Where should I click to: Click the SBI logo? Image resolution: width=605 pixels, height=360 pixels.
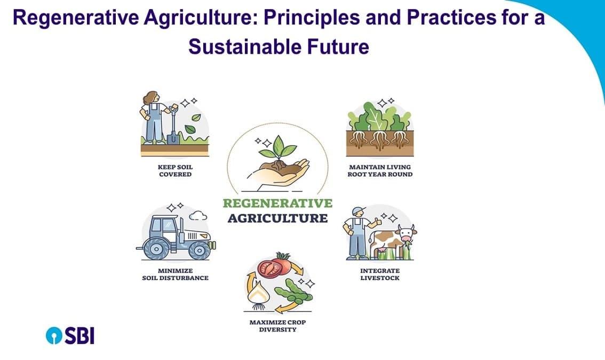70,335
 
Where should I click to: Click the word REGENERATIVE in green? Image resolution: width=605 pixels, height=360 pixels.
277,203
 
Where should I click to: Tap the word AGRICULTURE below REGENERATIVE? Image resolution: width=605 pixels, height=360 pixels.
277,218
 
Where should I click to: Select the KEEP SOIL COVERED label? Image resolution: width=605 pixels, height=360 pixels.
175,171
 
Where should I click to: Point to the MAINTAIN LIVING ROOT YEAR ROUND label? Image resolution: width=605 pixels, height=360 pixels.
380,171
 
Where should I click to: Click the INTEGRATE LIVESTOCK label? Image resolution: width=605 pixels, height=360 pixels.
380,274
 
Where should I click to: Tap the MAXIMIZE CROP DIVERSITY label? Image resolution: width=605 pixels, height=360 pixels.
277,326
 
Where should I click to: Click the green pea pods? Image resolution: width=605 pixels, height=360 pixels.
292,290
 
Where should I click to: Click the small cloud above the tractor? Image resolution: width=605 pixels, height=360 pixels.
198,215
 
